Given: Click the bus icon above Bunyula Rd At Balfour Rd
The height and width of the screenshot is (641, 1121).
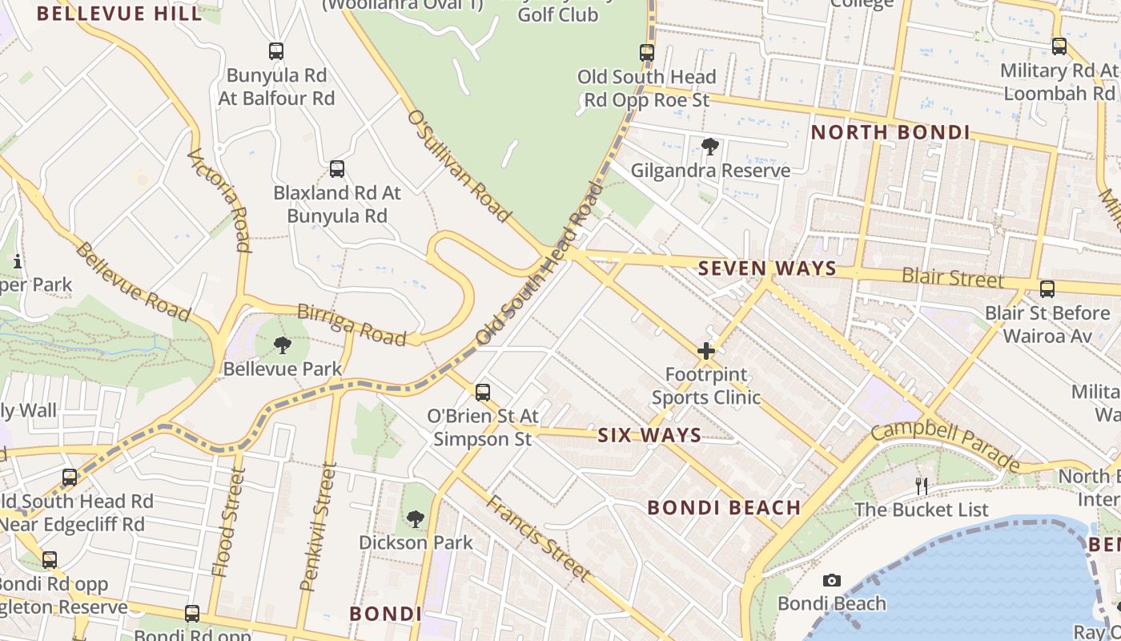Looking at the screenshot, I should pyautogui.click(x=276, y=51).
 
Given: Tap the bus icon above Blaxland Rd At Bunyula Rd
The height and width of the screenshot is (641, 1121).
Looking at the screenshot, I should pyautogui.click(x=337, y=169).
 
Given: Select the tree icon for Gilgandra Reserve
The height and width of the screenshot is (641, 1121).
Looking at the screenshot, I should pyautogui.click(x=709, y=146).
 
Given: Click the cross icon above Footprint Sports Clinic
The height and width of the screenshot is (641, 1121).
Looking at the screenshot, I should pyautogui.click(x=705, y=351).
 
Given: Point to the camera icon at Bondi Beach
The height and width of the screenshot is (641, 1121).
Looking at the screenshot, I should pyautogui.click(x=832, y=580).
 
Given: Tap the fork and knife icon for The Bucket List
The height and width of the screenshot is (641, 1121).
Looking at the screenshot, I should pyautogui.click(x=922, y=486).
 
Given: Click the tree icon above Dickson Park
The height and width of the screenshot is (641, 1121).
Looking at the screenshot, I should pyautogui.click(x=415, y=519).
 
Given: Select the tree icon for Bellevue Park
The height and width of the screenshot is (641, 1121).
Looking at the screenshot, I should pyautogui.click(x=282, y=345).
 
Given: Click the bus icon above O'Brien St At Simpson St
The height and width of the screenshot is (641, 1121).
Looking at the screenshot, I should pyautogui.click(x=482, y=392).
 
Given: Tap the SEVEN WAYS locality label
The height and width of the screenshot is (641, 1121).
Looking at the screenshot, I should pyautogui.click(x=767, y=268).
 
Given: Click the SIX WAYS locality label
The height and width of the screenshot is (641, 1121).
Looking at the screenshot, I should pyautogui.click(x=649, y=435).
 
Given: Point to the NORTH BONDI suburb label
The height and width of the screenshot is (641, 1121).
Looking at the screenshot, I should pyautogui.click(x=890, y=132).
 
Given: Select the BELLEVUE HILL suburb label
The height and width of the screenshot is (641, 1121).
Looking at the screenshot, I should pyautogui.click(x=119, y=14).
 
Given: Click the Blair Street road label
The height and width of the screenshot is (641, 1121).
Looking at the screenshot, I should pyautogui.click(x=952, y=277).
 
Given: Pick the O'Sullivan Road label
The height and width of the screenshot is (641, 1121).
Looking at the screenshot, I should pyautogui.click(x=458, y=166).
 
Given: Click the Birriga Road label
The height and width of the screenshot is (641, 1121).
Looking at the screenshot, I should pyautogui.click(x=352, y=324).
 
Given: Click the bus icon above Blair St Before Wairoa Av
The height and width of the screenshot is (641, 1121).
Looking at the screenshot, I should pyautogui.click(x=1047, y=289).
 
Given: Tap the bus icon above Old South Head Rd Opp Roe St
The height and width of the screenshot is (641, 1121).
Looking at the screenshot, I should pyautogui.click(x=647, y=53).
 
